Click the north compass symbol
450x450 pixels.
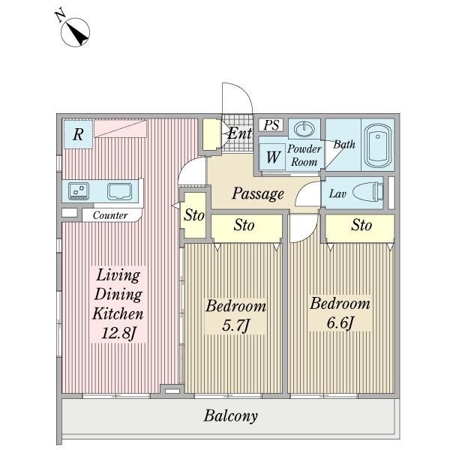[75, 32]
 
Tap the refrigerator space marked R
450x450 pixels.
[78, 134]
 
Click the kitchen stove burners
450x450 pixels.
[79, 190]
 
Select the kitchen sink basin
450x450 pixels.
[120, 191]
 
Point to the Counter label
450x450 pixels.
[110, 215]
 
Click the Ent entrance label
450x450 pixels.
[240, 133]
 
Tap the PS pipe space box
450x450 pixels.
[271, 125]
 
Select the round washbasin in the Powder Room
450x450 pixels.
[304, 128]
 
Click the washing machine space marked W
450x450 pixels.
[272, 157]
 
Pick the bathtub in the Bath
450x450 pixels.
[378, 145]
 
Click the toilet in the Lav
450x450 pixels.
[367, 192]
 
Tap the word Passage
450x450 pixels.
[258, 193]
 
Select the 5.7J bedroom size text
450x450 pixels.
[236, 325]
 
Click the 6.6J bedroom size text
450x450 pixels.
[340, 322]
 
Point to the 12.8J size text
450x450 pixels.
[118, 334]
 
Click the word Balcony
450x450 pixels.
[231, 416]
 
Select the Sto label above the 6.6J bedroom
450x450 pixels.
[361, 225]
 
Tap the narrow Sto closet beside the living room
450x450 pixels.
[194, 215]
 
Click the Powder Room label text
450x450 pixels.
[304, 155]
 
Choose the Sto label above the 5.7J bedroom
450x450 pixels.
[244, 225]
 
